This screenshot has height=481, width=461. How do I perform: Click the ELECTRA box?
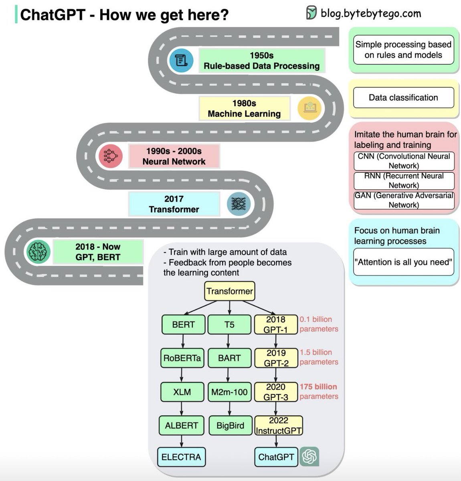click(181, 457)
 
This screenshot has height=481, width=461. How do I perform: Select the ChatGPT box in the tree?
click(276, 457)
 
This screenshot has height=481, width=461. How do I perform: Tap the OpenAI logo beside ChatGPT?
click(309, 457)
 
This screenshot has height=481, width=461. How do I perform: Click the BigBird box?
click(230, 425)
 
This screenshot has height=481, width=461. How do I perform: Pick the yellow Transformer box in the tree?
click(230, 291)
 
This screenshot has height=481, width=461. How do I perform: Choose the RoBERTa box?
click(182, 358)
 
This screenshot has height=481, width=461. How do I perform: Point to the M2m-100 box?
click(229, 392)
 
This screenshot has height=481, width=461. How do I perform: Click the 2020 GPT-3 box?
click(276, 392)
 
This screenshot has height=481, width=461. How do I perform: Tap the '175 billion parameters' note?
click(319, 392)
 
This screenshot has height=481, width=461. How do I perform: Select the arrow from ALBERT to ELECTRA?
click(182, 441)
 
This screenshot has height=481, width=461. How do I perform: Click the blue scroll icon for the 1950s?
click(181, 60)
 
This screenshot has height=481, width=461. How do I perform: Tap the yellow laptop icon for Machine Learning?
click(309, 108)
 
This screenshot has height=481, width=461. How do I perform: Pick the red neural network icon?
click(111, 156)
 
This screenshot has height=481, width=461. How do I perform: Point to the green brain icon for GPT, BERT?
click(38, 252)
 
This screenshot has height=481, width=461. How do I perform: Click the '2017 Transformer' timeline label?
click(174, 204)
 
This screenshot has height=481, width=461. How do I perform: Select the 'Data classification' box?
click(404, 97)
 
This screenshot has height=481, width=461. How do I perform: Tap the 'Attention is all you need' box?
click(404, 262)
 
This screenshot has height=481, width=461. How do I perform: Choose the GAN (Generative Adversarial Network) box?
click(404, 200)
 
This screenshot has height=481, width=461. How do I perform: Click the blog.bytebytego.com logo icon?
click(311, 12)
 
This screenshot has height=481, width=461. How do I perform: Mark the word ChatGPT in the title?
click(53, 15)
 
